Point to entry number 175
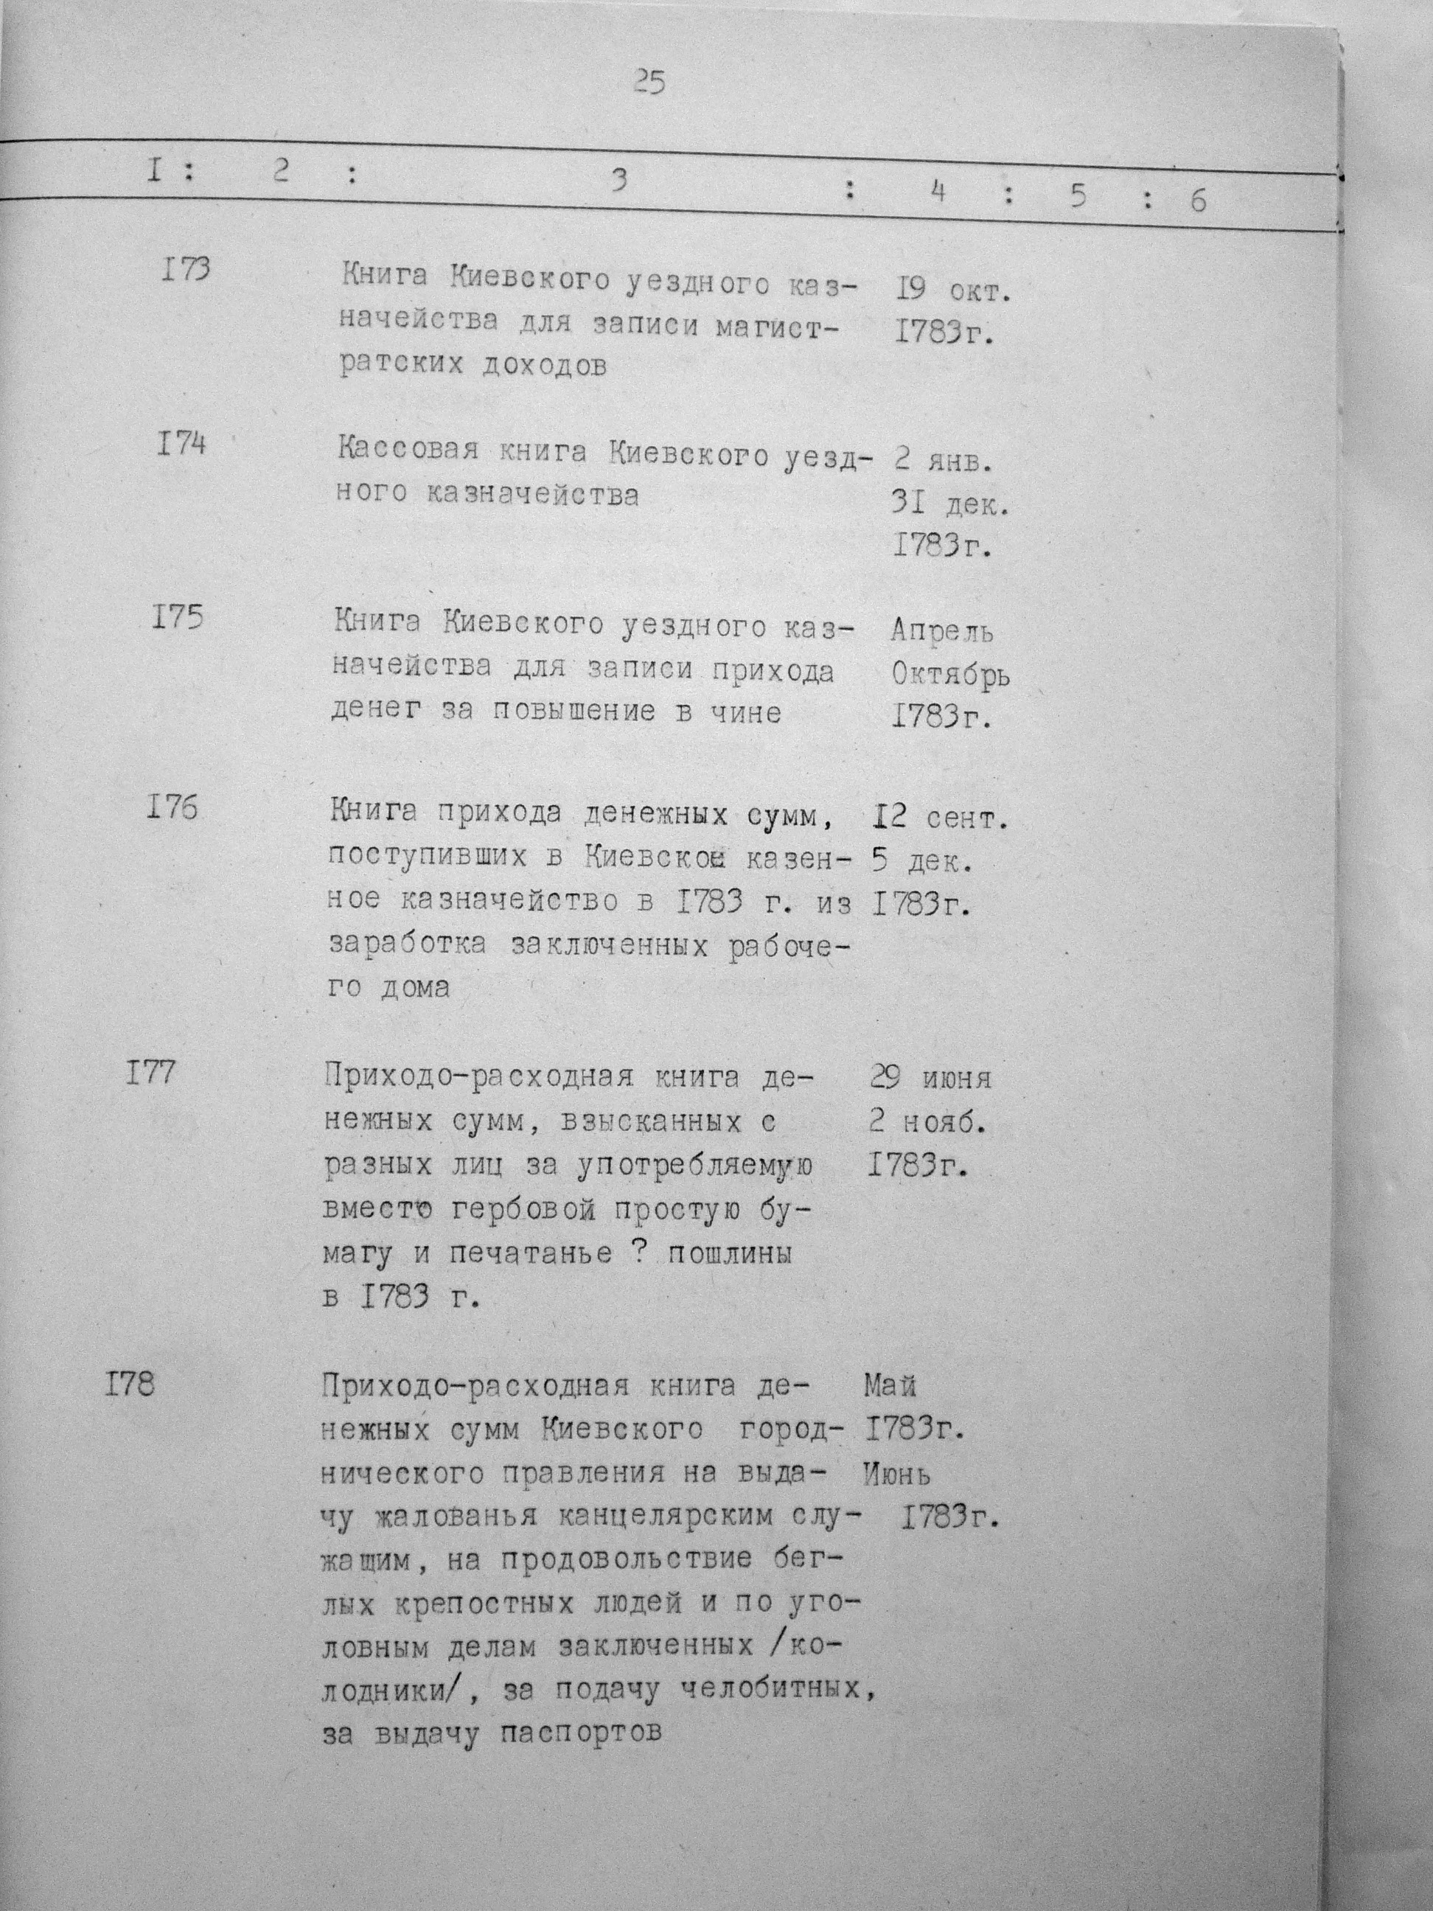(x=177, y=619)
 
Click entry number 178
(x=130, y=1385)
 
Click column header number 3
(x=618, y=182)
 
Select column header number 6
(x=1197, y=201)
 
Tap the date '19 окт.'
(x=952, y=290)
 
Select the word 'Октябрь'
(x=950, y=675)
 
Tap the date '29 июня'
(x=930, y=1078)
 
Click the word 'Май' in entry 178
(x=890, y=1386)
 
